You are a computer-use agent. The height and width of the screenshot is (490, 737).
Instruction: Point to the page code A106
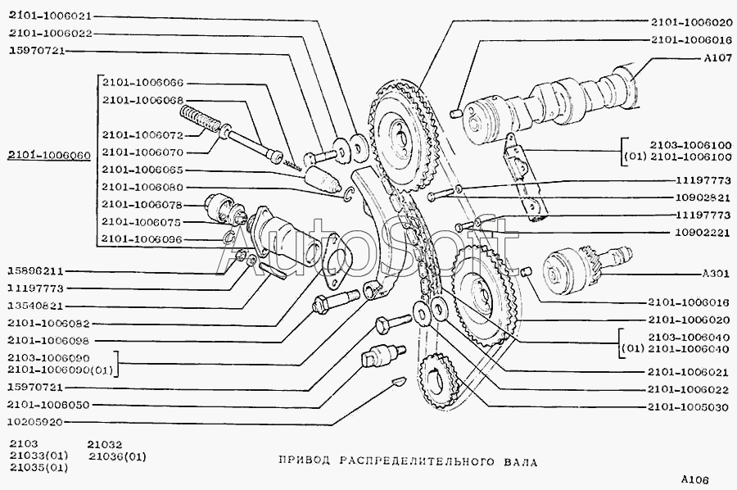pyautogui.click(x=693, y=479)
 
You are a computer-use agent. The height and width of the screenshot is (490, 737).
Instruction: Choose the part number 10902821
pyautogui.click(x=703, y=198)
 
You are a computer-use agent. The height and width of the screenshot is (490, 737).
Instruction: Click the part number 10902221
pyautogui.click(x=703, y=233)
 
